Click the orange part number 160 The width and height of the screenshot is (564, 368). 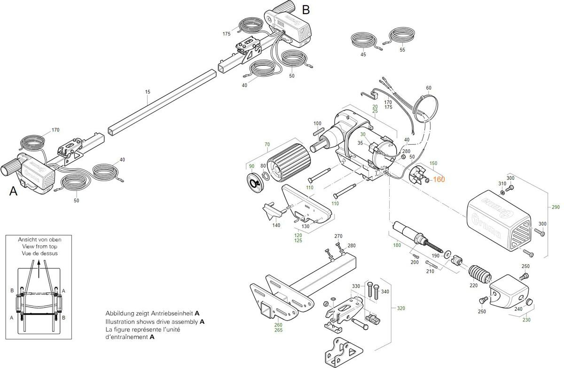coord(439,179)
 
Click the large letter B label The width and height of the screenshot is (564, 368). coord(306,9)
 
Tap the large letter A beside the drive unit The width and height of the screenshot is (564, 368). coord(13,191)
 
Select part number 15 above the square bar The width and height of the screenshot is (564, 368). coord(148,92)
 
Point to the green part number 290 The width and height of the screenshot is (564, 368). coord(556,207)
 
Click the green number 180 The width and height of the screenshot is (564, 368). coord(397,245)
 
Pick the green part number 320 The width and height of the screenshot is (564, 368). coord(401,308)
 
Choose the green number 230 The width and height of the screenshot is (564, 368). coord(526,320)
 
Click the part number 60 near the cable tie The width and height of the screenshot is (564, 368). coord(428,88)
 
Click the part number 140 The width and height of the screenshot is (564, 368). coord(276,225)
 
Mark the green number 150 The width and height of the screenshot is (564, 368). coord(433,163)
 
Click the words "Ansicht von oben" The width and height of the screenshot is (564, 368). coord(39,239)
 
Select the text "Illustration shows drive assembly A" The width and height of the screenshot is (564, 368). coord(155,322)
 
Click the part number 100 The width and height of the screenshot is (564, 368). coord(317,123)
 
